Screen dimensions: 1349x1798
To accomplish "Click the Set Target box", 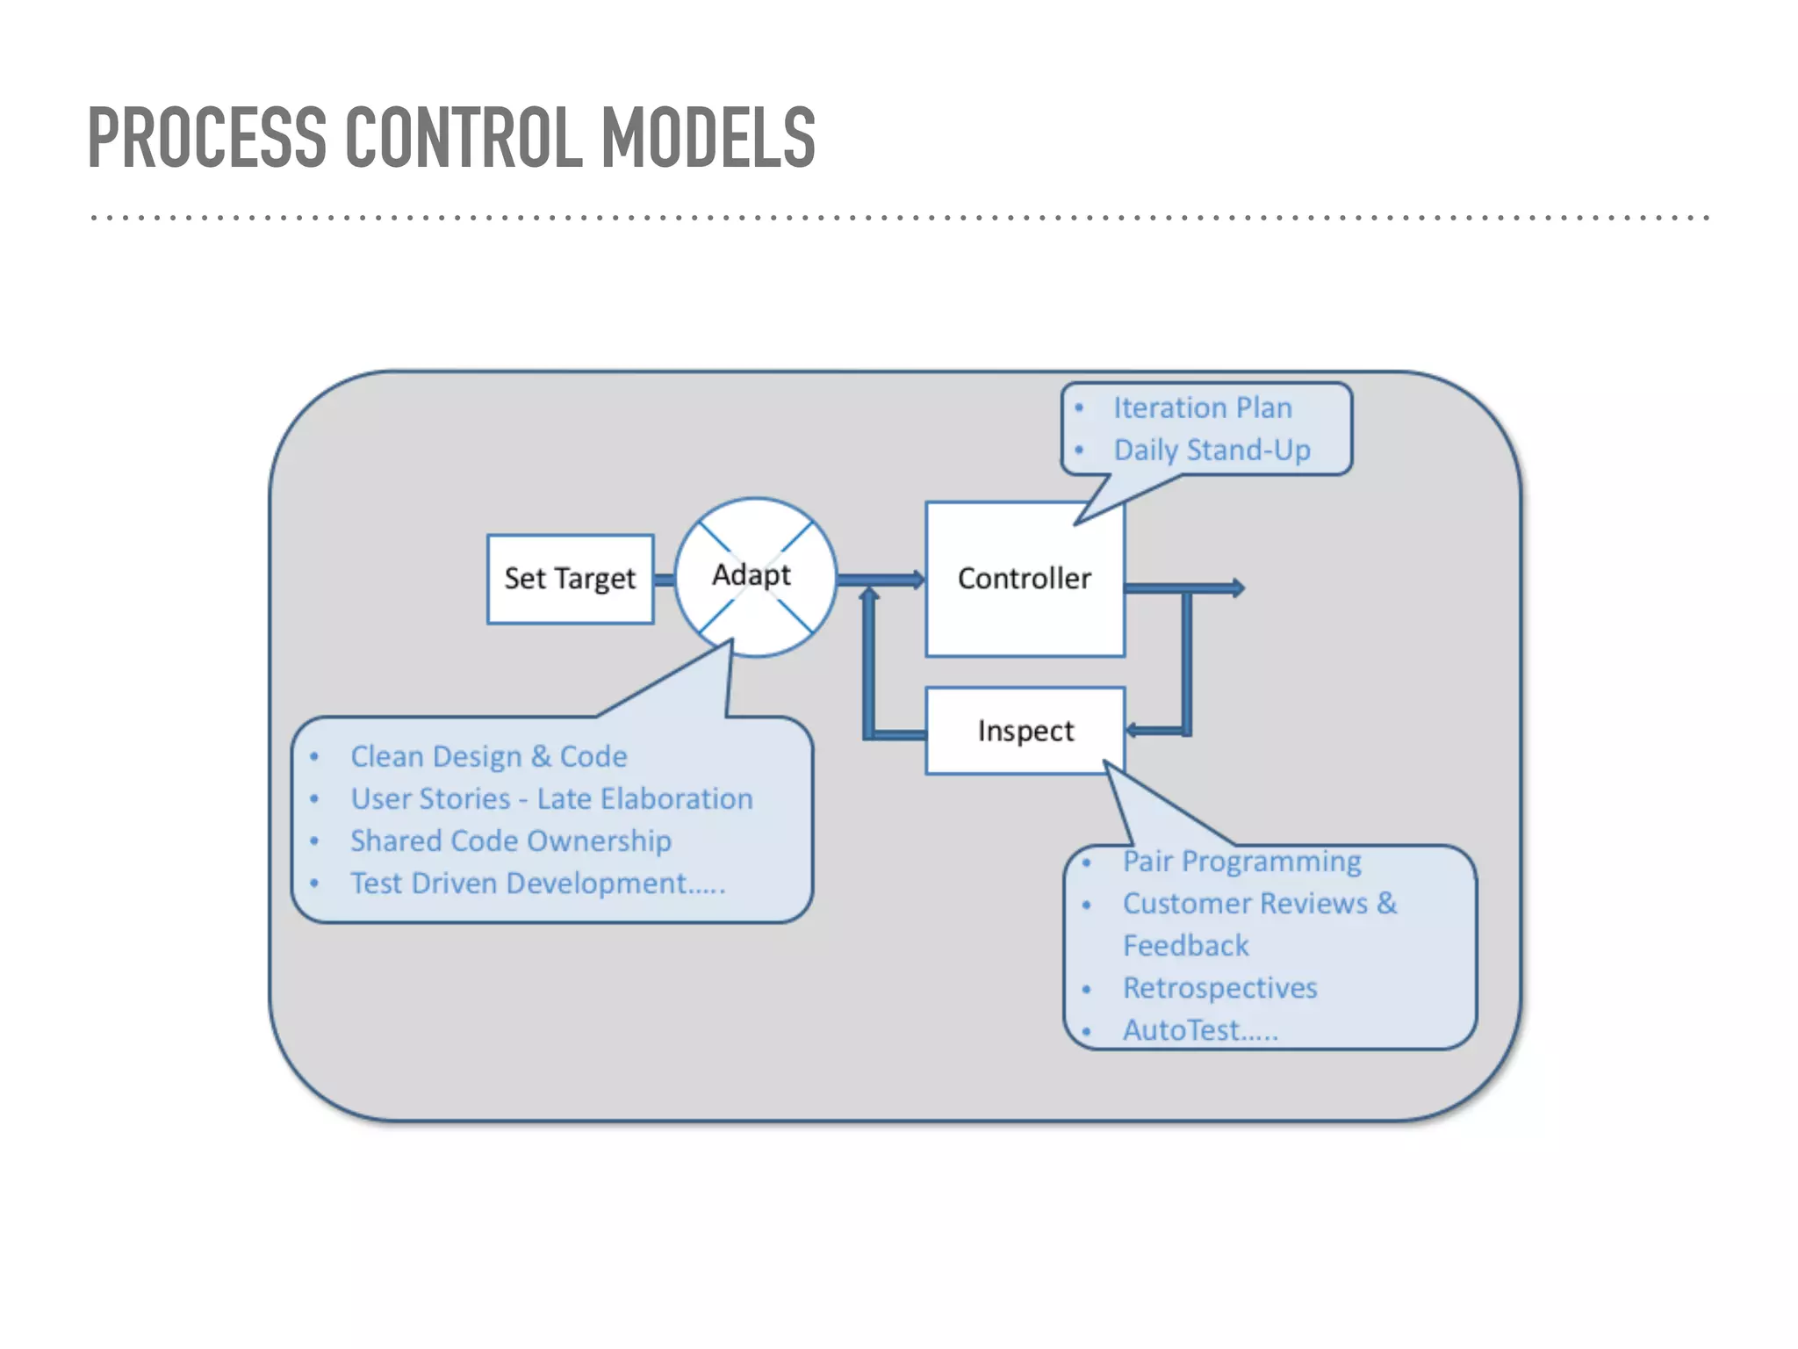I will pos(570,579).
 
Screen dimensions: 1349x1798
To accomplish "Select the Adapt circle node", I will pos(754,577).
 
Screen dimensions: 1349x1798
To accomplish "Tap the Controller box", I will pos(1025,579).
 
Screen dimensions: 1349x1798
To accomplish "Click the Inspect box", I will pos(1025,731).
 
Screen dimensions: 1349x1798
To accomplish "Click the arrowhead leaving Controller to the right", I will pos(1237,588).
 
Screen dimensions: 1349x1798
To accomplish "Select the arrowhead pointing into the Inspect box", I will pos(1133,730).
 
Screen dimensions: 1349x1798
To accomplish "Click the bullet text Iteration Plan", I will pos(1202,408).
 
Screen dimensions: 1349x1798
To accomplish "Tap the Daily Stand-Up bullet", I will pos(1212,450).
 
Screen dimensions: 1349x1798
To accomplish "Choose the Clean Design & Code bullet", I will pos(488,756).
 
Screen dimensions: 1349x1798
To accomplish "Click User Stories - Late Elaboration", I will pos(551,798).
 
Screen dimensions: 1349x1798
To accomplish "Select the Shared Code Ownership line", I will pos(510,840).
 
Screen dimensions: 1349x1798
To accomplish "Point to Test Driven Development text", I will pos(537,883).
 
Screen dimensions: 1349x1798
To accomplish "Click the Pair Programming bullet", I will pos(1241,862).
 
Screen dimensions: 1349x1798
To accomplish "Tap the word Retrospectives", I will pos(1219,988).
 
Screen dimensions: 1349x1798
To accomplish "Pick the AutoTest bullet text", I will pos(1199,1030).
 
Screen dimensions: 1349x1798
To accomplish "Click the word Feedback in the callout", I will pos(1185,946).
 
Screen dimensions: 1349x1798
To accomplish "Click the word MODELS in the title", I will pos(708,138).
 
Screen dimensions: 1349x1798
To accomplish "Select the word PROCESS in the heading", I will pos(207,138).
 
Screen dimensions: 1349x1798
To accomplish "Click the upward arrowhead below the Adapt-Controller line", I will pos(869,595).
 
